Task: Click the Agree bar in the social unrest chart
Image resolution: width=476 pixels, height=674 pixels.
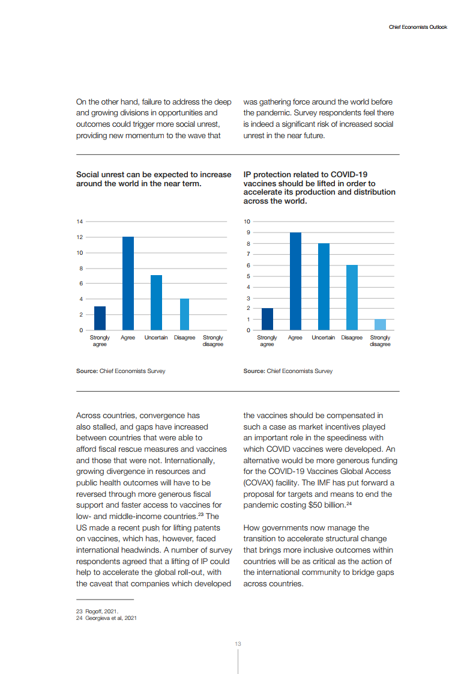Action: tap(128, 284)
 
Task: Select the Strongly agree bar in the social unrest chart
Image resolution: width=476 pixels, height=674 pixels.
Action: tap(100, 318)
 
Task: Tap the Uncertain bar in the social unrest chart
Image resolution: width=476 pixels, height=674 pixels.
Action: tap(156, 303)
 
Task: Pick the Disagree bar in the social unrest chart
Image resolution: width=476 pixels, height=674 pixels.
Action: tap(184, 314)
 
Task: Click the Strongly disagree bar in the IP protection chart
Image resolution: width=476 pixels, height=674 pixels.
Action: tap(380, 324)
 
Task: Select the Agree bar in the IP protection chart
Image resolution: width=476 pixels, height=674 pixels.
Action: tap(295, 281)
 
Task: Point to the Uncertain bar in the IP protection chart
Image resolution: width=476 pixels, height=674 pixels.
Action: tap(324, 287)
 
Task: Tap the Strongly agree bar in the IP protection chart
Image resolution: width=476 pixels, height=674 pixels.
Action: tap(267, 319)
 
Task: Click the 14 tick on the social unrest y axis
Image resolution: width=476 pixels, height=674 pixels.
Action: tap(80, 222)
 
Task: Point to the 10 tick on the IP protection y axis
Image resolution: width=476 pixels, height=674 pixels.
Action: tap(247, 222)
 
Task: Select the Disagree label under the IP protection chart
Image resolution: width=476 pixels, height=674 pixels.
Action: tap(352, 338)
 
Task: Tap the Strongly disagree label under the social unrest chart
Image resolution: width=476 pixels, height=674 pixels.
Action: tap(213, 341)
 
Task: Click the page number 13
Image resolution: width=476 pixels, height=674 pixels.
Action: tap(238, 644)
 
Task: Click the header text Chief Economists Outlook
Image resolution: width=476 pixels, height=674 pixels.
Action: tap(418, 27)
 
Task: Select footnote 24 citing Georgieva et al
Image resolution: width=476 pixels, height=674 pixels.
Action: tap(106, 618)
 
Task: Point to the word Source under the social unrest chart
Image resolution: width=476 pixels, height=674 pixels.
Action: tap(86, 371)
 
